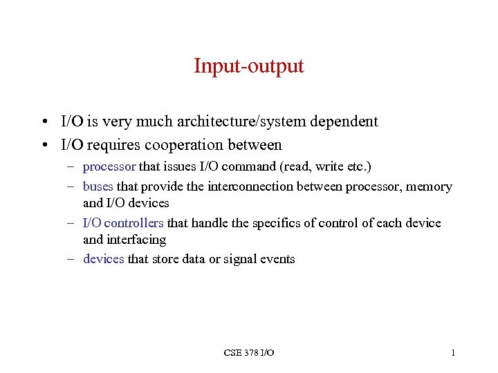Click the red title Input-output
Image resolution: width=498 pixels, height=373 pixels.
tap(248, 66)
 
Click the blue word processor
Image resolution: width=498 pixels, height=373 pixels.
tap(109, 166)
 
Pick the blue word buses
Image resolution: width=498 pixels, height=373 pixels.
tap(98, 186)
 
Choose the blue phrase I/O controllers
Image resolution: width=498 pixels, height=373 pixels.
tap(123, 222)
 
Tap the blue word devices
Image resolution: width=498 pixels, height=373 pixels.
tap(104, 259)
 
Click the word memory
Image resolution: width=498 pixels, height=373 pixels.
tap(429, 186)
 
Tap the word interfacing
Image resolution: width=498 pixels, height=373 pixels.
tap(136, 240)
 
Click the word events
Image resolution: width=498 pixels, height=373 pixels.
tap(277, 259)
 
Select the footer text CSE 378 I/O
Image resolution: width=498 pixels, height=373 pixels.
tap(249, 353)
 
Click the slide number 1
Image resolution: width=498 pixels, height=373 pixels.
tap(452, 353)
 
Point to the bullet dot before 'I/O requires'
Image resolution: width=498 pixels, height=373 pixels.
tap(44, 146)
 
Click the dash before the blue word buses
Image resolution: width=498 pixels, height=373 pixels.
tap(72, 186)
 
